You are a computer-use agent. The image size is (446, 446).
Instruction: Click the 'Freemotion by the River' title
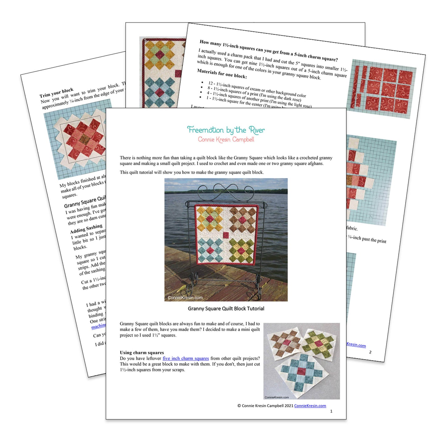pyautogui.click(x=226, y=130)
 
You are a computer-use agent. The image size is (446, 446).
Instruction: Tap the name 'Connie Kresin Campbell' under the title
pyautogui.click(x=226, y=140)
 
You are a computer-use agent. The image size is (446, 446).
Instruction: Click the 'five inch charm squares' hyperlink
pyautogui.click(x=185, y=358)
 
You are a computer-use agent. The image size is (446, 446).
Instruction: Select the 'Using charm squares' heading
pyautogui.click(x=142, y=352)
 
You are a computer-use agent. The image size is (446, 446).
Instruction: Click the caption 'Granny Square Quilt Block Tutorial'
pyautogui.click(x=226, y=308)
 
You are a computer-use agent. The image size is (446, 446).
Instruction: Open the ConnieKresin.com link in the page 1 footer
pyautogui.click(x=310, y=406)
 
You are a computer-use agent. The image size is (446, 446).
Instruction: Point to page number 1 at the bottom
pyautogui.click(x=331, y=411)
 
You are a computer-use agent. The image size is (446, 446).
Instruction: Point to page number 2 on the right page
pyautogui.click(x=370, y=352)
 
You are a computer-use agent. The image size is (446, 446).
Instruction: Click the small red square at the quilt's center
pyautogui.click(x=226, y=235)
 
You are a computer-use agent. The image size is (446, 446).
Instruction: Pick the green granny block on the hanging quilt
pyautogui.click(x=242, y=251)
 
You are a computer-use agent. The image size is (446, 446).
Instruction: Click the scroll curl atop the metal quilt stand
pyautogui.click(x=226, y=189)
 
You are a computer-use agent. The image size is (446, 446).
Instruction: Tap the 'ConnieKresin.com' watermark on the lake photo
pyautogui.click(x=185, y=298)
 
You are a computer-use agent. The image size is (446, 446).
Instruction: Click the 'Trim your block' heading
pyautogui.click(x=56, y=93)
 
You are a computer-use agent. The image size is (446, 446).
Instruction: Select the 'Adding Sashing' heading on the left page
pyautogui.click(x=86, y=229)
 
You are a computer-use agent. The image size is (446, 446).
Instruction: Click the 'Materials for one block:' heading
pyautogui.click(x=222, y=74)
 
